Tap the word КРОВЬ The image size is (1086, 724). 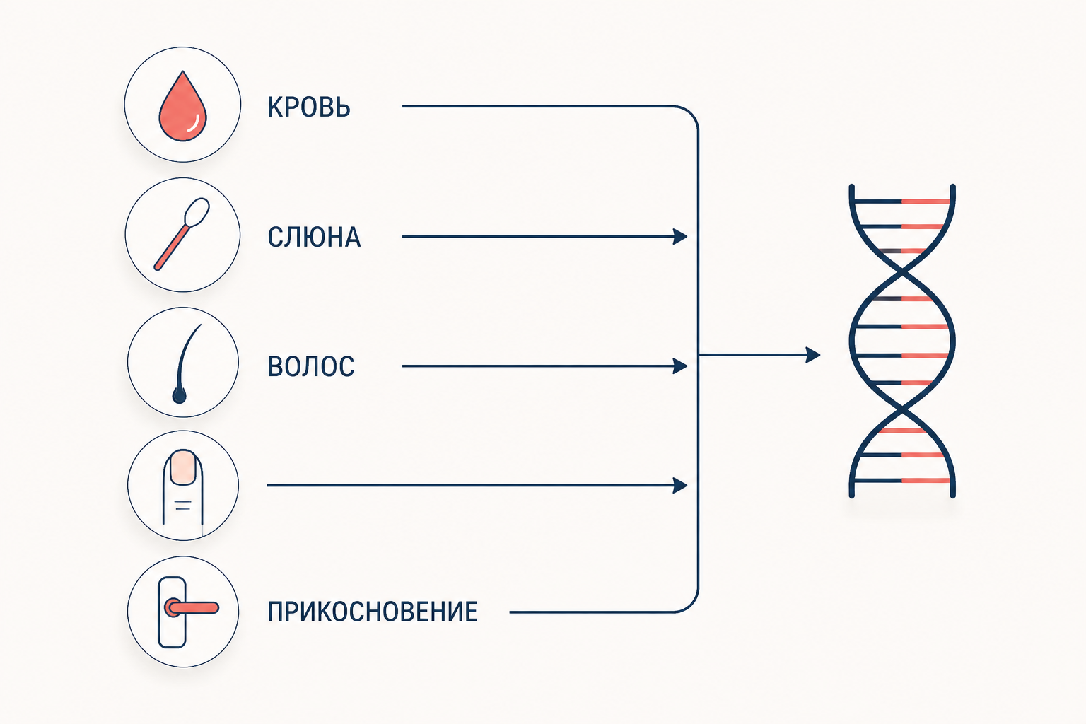coord(309,107)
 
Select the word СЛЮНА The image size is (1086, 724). coord(314,237)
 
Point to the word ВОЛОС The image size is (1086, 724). coord(311,366)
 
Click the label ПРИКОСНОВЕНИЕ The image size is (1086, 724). coord(373,612)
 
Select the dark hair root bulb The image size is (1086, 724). coord(180,396)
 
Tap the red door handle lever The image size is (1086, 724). coord(192,607)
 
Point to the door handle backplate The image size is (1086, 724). coord(172,612)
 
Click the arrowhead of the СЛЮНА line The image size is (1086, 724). coord(681,237)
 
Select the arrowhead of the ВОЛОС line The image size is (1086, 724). coord(681,366)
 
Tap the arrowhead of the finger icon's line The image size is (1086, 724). coord(681,486)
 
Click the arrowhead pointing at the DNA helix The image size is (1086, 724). coord(813,355)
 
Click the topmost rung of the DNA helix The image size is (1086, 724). coord(901,202)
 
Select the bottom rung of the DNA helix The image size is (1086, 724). coord(901,481)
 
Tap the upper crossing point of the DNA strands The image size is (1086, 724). coord(902,272)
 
